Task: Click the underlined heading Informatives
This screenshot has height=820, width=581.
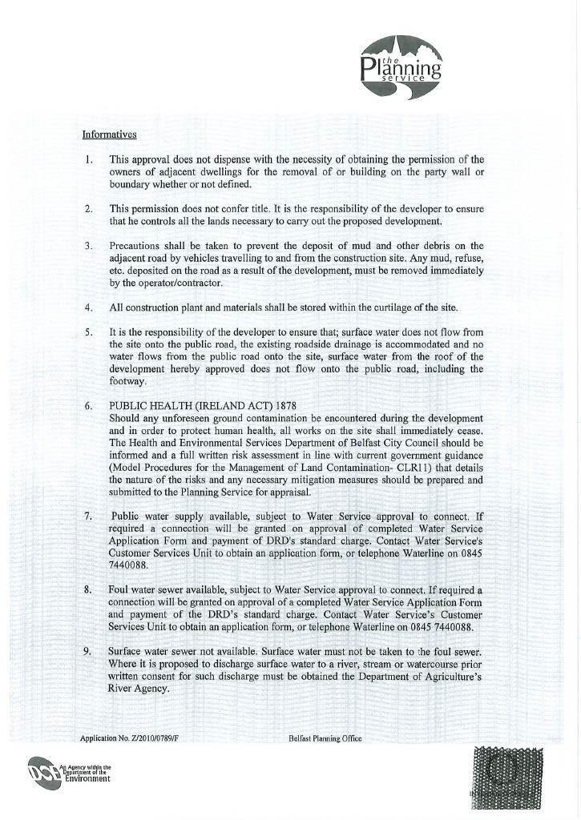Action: click(110, 135)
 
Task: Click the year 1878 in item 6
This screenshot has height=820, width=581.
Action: click(286, 406)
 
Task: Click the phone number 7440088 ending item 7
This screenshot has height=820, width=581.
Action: click(130, 565)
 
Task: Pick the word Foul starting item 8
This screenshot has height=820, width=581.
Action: click(121, 590)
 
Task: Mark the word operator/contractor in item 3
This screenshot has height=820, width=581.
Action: click(165, 282)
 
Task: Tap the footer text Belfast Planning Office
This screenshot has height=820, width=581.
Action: click(325, 738)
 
